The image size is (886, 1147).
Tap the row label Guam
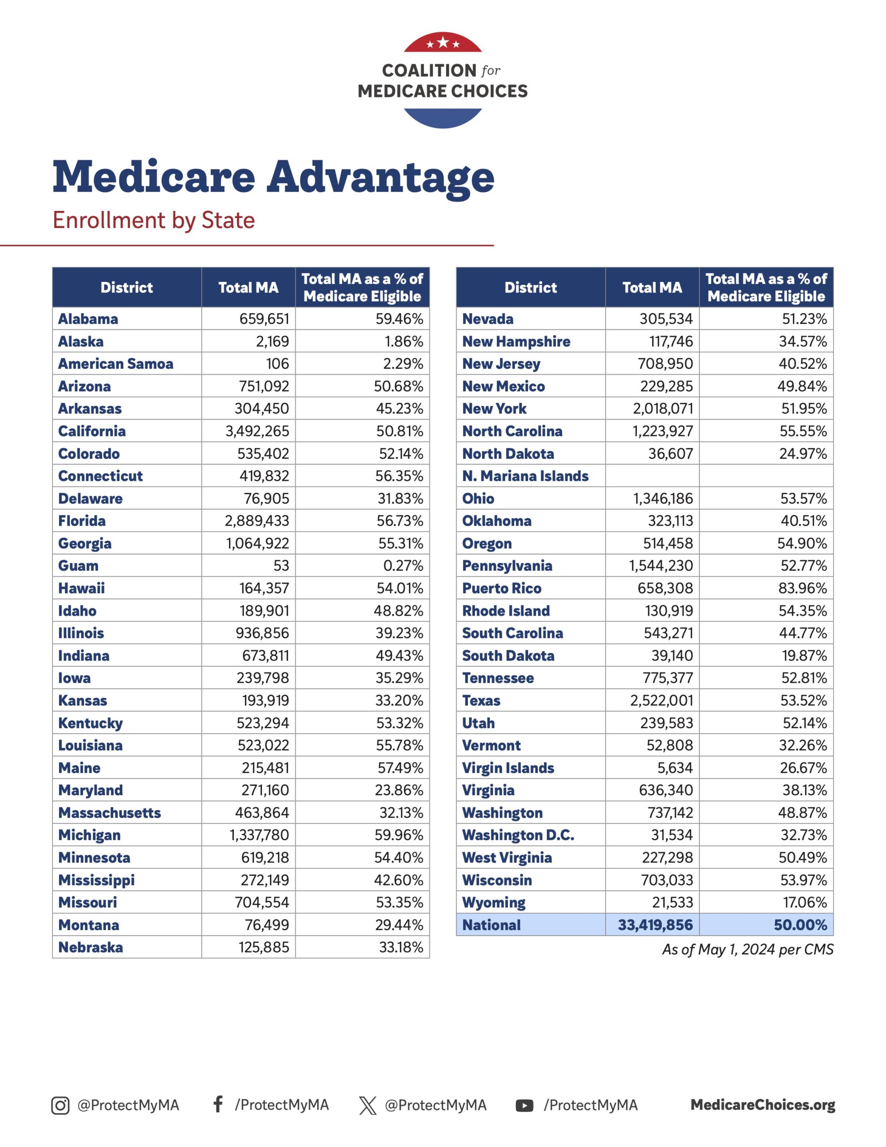point(78,565)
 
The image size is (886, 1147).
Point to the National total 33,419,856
point(655,925)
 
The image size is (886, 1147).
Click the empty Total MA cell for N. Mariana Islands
point(652,476)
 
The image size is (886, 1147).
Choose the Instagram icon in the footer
point(60,1105)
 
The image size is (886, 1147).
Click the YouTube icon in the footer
point(524,1105)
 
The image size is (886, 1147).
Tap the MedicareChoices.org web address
point(762,1104)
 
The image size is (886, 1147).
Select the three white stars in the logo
point(443,43)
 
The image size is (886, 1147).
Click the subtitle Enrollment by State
point(153,220)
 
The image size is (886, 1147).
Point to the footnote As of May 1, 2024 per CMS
point(747,949)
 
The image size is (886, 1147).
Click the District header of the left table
point(127,287)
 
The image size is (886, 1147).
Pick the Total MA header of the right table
point(652,287)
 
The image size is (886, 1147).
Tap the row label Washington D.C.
point(518,835)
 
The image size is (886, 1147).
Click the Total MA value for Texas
point(661,701)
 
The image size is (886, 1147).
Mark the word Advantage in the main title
point(380,177)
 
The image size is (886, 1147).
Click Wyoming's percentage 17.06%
point(804,902)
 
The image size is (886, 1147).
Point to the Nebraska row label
point(90,948)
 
